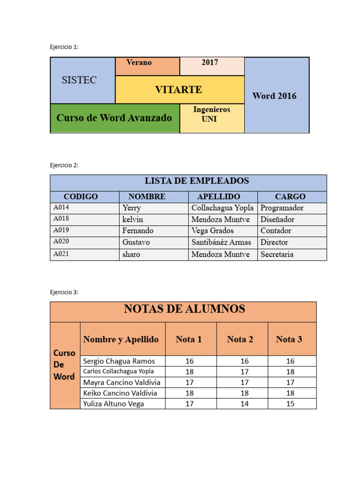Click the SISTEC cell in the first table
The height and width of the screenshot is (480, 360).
80,80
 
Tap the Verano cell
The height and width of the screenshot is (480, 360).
139,62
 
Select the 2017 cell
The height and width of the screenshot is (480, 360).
210,62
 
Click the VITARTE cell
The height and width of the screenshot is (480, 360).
179,90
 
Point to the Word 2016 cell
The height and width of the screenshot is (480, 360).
274,96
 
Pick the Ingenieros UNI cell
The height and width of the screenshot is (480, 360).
212,114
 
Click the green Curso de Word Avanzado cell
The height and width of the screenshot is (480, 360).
114,118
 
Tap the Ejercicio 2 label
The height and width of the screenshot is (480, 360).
65,165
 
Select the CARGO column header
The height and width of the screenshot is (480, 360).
290,196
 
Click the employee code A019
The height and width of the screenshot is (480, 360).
61,230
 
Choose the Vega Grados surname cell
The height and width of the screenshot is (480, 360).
212,231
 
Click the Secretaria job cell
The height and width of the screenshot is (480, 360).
277,254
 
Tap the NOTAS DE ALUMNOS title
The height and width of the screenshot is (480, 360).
184,309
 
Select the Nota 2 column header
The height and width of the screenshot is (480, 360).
240,339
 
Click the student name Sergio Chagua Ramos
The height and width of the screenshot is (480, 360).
119,361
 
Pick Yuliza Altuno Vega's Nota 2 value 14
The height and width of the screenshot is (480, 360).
244,404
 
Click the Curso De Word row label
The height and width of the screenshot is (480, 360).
64,365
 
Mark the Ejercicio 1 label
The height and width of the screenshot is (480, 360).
65,47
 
